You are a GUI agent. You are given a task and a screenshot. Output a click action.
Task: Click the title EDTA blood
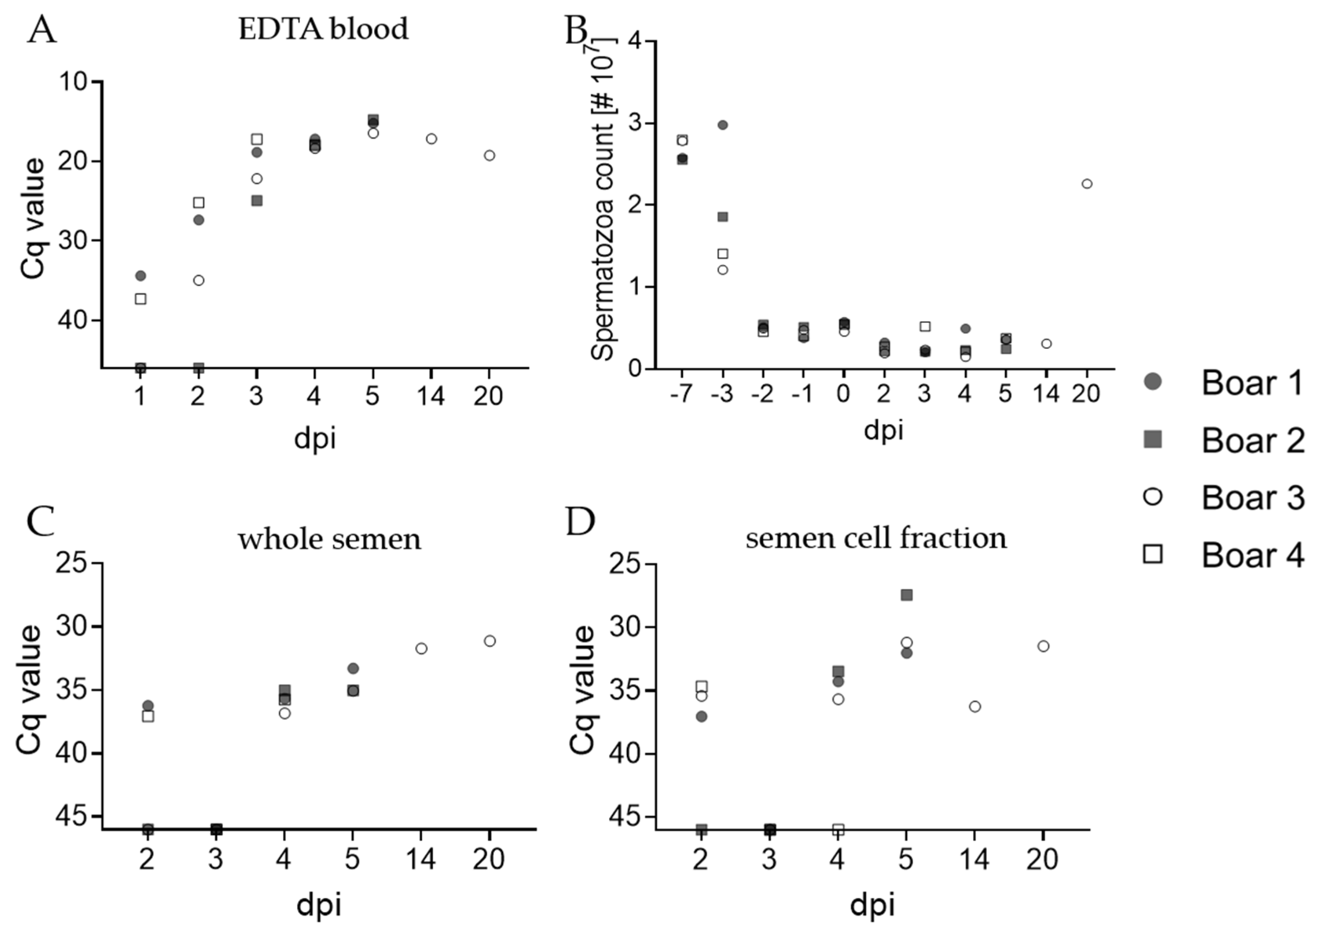point(323,29)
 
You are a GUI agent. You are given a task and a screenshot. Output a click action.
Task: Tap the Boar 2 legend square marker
point(1153,440)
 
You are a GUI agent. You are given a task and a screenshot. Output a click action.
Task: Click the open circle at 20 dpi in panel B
point(1087,184)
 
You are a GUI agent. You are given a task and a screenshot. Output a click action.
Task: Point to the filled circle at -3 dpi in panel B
point(723,125)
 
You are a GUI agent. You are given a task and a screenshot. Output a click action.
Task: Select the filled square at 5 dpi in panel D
point(907,594)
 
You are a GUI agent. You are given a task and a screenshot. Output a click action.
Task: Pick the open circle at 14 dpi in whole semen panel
point(421,648)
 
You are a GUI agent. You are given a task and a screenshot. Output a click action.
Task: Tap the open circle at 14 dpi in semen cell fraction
point(975,706)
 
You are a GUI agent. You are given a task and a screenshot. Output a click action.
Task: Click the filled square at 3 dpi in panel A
point(257,201)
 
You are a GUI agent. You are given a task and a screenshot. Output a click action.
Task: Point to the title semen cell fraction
point(876,539)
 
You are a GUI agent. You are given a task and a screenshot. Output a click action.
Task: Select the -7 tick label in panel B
point(681,395)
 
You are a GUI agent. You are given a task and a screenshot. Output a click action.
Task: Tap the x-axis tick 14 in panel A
point(430,396)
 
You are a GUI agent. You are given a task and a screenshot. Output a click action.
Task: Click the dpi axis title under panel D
point(872,905)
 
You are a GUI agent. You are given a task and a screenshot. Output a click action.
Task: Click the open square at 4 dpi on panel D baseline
point(838,829)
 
